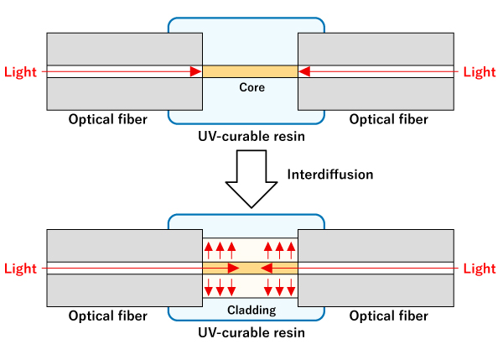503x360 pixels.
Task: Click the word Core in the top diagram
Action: (x=251, y=87)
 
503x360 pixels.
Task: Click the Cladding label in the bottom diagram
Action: (x=251, y=310)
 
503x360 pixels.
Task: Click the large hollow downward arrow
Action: (x=251, y=179)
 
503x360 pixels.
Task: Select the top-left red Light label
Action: (x=20, y=71)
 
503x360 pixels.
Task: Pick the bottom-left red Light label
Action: (x=20, y=269)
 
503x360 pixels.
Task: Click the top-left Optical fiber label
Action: (x=107, y=119)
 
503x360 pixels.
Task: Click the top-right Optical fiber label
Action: (x=388, y=119)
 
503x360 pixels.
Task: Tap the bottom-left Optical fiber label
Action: (x=107, y=316)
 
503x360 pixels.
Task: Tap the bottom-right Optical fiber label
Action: (x=388, y=316)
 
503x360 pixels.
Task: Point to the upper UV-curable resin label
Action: (x=251, y=135)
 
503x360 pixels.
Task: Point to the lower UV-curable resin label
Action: (x=251, y=332)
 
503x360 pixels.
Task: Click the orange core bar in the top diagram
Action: (x=251, y=71)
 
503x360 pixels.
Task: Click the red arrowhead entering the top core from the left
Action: (x=195, y=71)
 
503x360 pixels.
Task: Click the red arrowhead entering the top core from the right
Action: (x=304, y=71)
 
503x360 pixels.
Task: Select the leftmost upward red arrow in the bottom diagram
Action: (x=209, y=249)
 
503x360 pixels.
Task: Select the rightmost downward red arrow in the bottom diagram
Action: (x=293, y=287)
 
